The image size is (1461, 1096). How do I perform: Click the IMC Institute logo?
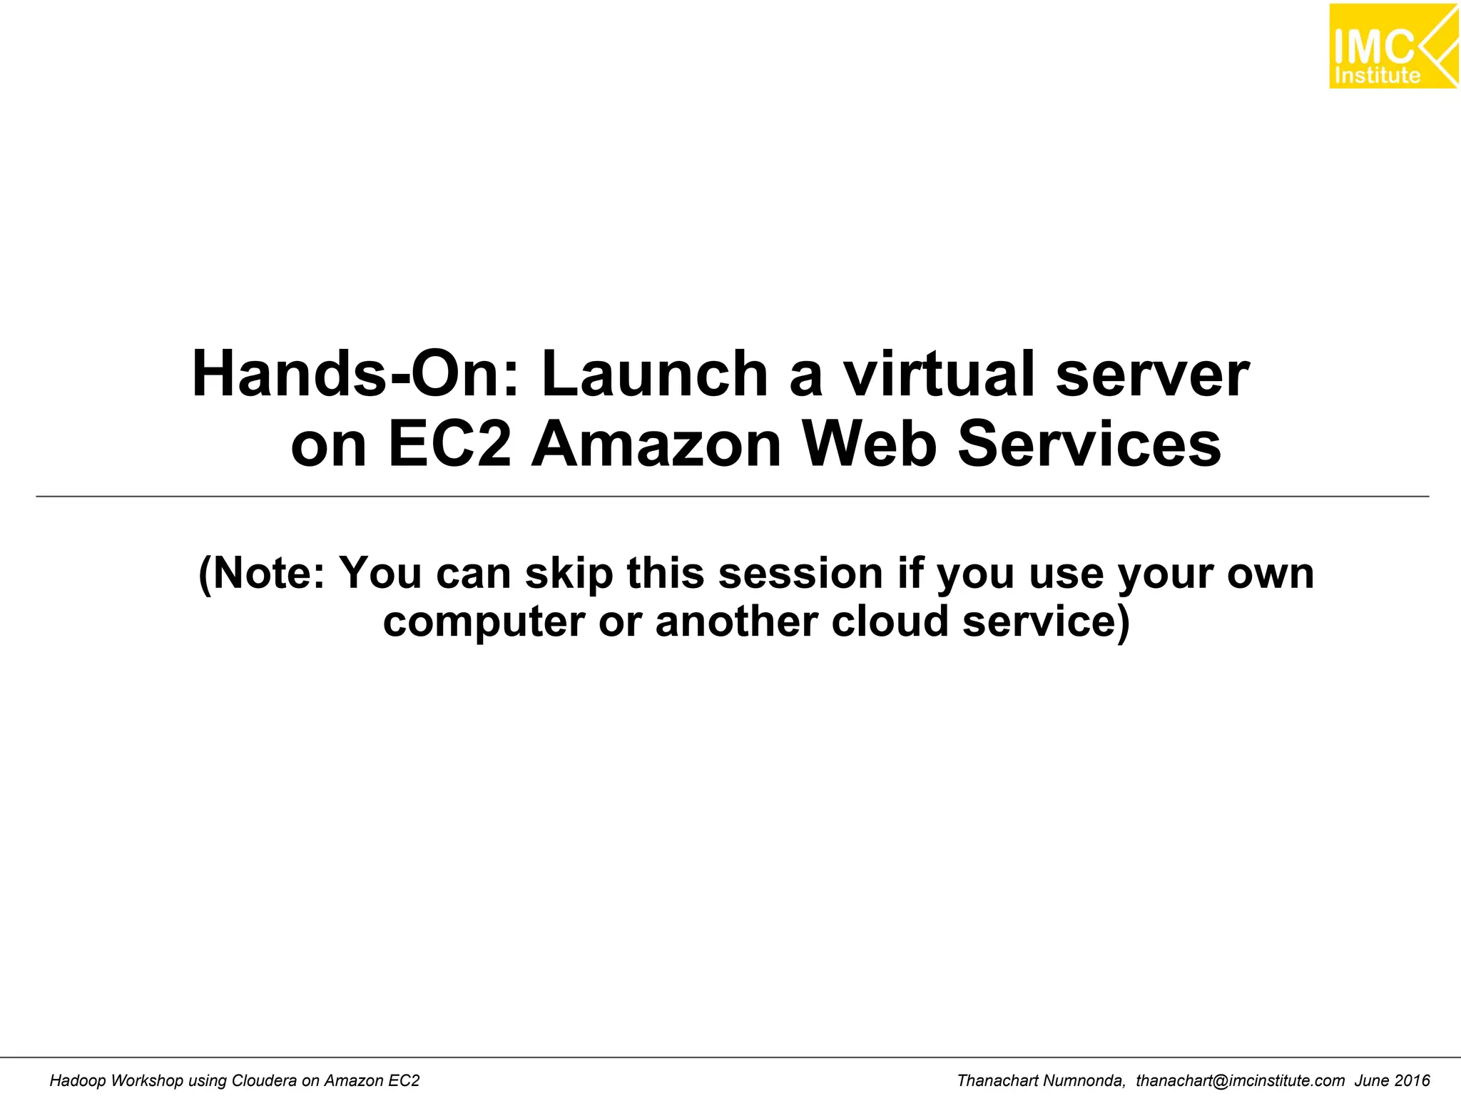[x=1393, y=46]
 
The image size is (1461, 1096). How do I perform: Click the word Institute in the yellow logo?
[x=1377, y=76]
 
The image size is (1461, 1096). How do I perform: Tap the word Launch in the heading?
[x=653, y=375]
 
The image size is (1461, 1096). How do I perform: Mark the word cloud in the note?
[x=889, y=621]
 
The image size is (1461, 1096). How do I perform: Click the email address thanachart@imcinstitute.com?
[x=1240, y=1080]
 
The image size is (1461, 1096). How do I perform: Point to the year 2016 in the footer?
[x=1412, y=1080]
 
